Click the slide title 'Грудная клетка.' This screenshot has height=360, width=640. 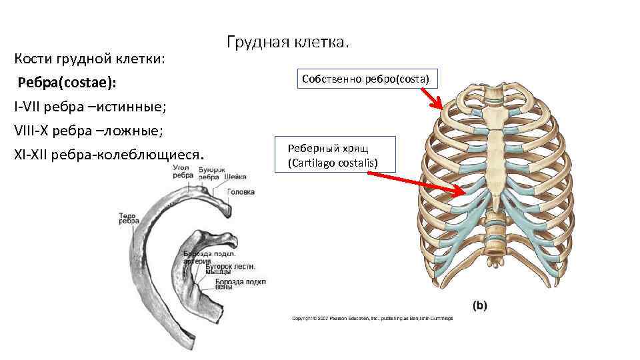[x=287, y=43]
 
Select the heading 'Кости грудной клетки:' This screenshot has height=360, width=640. [x=90, y=59]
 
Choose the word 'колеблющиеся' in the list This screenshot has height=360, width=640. [x=149, y=155]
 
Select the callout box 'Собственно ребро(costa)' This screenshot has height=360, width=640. [x=366, y=79]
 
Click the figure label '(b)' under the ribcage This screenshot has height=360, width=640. [x=480, y=305]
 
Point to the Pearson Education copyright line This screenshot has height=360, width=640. [x=372, y=318]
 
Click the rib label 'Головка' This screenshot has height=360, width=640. [x=241, y=192]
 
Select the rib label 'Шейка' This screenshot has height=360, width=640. [x=235, y=177]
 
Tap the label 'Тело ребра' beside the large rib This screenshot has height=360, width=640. [x=128, y=219]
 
